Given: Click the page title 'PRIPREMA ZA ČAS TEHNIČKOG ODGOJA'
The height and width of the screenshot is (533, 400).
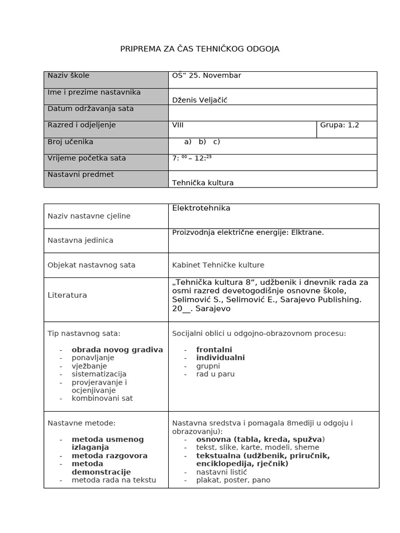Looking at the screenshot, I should [200, 49].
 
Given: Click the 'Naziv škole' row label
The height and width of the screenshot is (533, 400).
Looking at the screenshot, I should [68, 75].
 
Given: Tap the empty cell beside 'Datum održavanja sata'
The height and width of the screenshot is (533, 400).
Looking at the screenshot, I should [272, 112].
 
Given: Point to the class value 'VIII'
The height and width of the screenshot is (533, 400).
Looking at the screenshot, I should [178, 125].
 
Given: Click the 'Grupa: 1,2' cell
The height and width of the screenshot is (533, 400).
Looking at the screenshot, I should [340, 125].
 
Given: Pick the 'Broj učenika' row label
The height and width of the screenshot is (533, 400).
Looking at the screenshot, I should [70, 142].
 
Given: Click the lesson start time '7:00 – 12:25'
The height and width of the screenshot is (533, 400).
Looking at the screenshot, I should [192, 158].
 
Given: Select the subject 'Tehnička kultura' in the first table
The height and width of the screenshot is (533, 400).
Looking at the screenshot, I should [203, 183].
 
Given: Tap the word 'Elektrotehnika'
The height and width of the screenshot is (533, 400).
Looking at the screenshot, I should [201, 208].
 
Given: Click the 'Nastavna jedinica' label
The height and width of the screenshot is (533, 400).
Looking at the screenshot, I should [80, 240].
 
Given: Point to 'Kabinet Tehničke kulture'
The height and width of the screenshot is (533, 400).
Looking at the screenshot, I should [218, 265].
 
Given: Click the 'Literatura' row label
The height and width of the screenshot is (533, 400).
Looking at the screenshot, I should [67, 295].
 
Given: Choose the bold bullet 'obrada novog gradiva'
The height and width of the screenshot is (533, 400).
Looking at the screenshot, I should [117, 350].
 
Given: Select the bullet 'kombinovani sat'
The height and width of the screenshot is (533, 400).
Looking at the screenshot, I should [102, 398].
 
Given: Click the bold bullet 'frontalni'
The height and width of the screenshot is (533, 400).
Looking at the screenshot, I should [214, 350].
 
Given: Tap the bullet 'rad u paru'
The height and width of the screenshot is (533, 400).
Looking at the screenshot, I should [215, 374].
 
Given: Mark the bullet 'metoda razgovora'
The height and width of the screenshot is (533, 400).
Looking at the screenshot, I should [109, 455].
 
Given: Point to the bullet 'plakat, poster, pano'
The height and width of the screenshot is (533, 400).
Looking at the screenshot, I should [233, 480].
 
